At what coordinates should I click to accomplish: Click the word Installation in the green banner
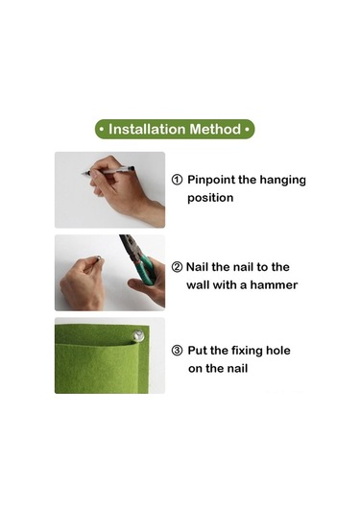(147, 129)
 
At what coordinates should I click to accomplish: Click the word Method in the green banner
(215, 129)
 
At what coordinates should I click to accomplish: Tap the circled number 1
(177, 180)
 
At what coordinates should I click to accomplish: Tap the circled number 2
(177, 267)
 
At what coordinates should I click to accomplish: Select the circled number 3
(177, 351)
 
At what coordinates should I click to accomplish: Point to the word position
(210, 198)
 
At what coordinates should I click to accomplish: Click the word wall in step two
(198, 285)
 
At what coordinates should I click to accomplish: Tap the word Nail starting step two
(198, 267)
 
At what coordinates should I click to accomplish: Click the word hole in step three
(278, 351)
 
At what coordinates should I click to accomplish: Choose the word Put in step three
(198, 351)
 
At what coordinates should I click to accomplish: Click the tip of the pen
(83, 173)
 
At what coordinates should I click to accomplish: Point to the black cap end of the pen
(132, 168)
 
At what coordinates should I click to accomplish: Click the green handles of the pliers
(147, 269)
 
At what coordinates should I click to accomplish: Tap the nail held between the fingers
(98, 259)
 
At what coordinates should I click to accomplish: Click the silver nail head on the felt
(138, 335)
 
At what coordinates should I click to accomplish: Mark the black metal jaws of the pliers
(129, 247)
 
